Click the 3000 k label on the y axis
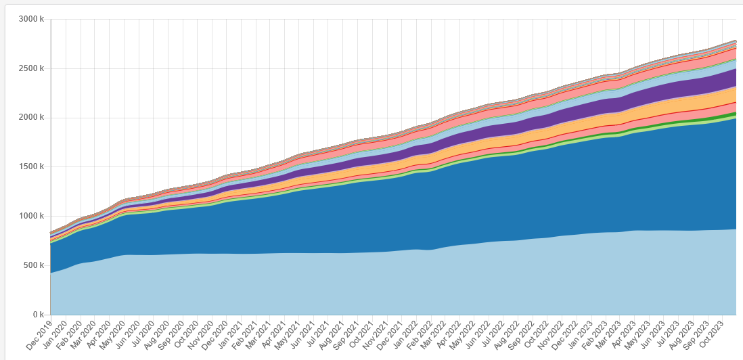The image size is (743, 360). coord(32,19)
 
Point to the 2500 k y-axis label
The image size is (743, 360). coord(32,68)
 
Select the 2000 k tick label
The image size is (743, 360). coord(32,118)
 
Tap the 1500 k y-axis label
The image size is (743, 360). coord(32,167)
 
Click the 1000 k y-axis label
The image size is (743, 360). coord(32,217)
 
